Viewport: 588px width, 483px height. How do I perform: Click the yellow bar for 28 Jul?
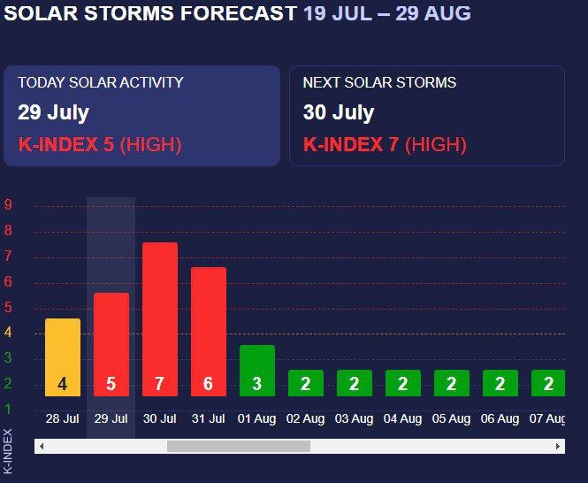click(63, 357)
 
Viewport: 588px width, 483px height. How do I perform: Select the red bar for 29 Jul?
click(111, 344)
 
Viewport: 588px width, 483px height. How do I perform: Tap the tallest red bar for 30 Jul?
click(160, 319)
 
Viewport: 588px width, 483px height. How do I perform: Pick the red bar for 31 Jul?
click(209, 332)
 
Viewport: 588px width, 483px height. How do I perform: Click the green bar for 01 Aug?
click(257, 371)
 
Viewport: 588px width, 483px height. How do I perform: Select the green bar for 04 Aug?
click(403, 383)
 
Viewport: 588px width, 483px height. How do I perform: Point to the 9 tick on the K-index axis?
click(8, 204)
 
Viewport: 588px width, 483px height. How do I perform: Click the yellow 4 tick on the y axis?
click(8, 332)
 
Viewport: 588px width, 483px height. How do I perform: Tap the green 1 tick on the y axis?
click(8, 409)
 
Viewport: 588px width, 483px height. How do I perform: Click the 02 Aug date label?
click(306, 418)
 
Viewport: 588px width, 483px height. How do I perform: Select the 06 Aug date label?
click(500, 418)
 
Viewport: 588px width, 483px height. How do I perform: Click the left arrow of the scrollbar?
click(42, 446)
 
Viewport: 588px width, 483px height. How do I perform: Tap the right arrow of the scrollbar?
click(558, 446)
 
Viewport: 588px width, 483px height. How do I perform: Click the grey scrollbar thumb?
click(239, 446)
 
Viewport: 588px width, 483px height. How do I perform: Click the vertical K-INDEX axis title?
click(8, 451)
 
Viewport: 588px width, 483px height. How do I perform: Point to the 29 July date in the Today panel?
click(54, 112)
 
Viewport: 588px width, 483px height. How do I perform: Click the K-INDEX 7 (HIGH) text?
click(385, 144)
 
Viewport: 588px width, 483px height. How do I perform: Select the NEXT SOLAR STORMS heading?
click(379, 82)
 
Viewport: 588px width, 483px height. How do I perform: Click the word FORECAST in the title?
click(239, 12)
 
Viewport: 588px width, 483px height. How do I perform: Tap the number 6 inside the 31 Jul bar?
click(208, 384)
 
